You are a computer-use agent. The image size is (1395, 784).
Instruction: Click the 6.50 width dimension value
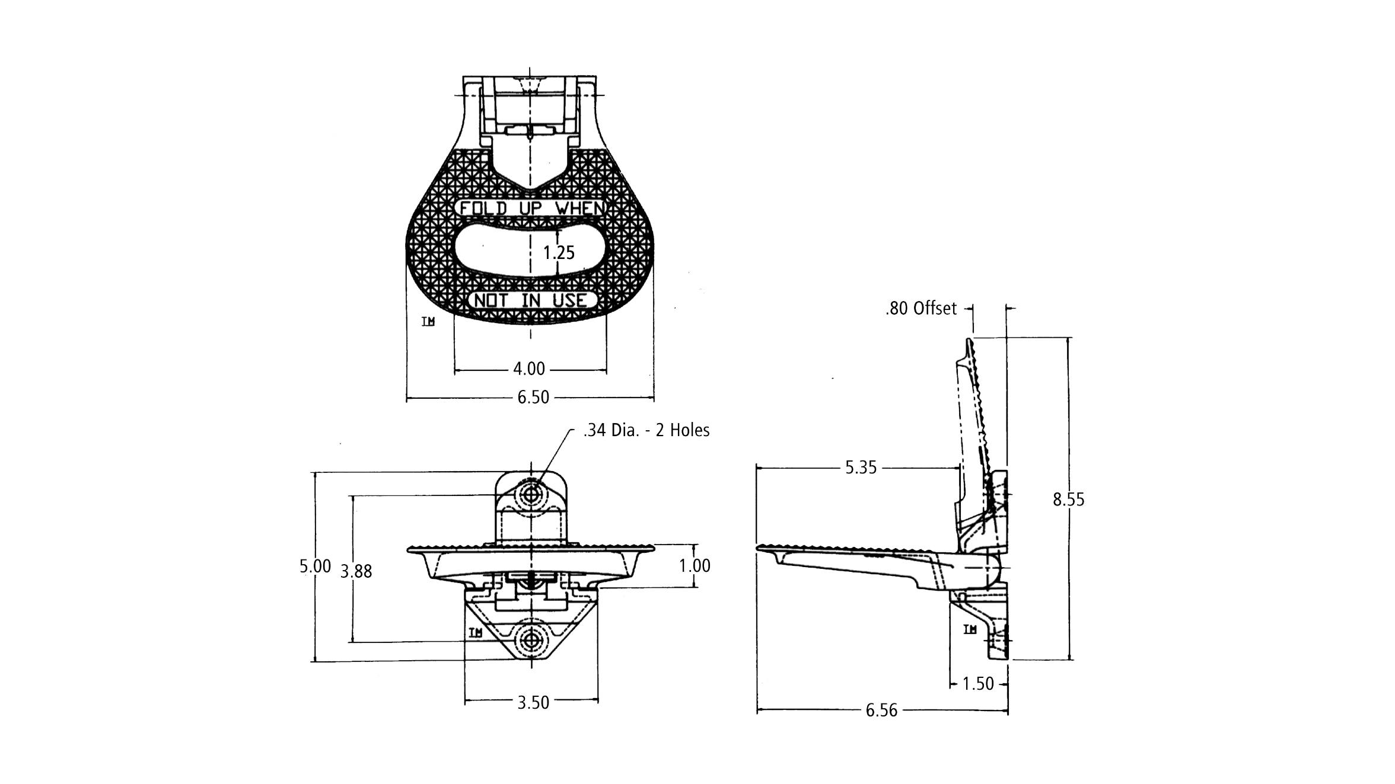click(533, 397)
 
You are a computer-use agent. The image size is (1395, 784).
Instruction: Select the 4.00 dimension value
click(529, 369)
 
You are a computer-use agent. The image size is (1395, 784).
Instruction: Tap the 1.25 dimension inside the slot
click(559, 253)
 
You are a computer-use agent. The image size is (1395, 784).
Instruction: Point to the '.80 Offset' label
click(921, 308)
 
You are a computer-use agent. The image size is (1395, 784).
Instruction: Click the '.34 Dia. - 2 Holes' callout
click(646, 430)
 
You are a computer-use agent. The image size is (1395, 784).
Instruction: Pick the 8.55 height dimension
click(1069, 500)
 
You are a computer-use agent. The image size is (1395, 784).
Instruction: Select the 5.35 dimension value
click(861, 468)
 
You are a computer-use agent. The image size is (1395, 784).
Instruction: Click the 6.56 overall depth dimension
click(882, 710)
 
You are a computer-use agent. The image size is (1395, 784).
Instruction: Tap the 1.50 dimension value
click(978, 684)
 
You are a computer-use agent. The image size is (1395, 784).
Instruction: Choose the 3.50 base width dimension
click(533, 702)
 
